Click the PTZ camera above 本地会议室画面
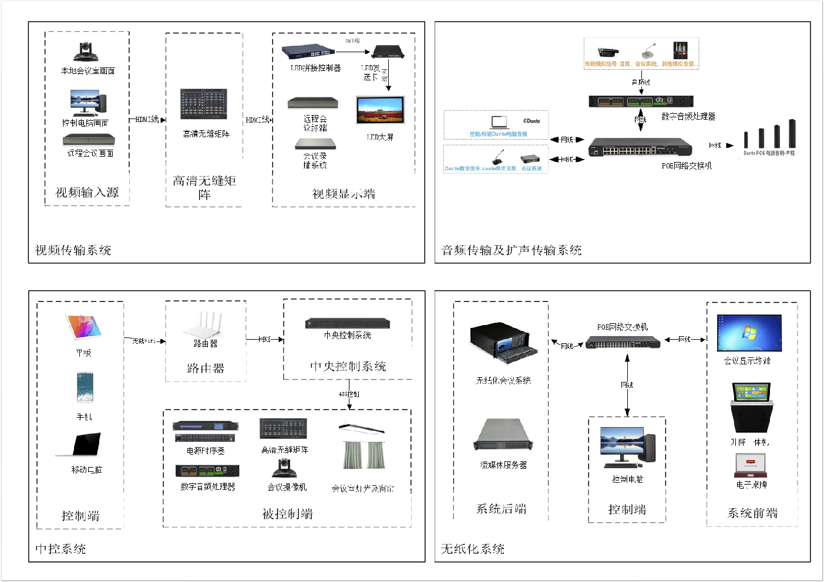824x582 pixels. coord(88,52)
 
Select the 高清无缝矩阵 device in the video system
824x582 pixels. coord(204,104)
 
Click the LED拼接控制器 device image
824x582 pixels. coord(308,52)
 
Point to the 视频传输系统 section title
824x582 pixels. coord(73,251)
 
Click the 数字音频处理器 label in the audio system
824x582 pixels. coord(688,117)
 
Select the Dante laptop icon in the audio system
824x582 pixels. coord(499,121)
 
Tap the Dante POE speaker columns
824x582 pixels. coord(769,134)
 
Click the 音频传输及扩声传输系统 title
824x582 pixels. coord(511,251)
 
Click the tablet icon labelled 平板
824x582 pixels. coord(83,327)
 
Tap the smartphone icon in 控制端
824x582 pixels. coord(85,387)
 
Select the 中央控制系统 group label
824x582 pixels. coord(348,366)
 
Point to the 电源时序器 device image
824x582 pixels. coord(206,431)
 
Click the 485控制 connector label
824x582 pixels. coord(349,394)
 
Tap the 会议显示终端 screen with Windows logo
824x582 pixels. coord(749,333)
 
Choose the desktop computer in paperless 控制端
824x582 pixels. coord(627,447)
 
